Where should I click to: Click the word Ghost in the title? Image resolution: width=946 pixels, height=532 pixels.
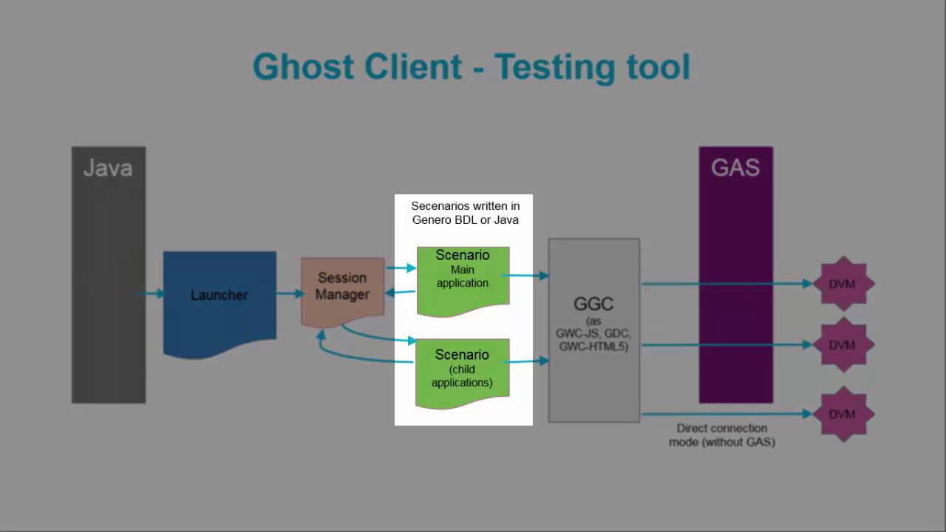click(303, 66)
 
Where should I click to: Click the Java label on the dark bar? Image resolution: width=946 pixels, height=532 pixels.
click(108, 168)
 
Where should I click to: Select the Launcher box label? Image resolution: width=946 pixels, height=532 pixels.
click(219, 295)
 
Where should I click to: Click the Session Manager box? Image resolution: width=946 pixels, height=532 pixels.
click(342, 292)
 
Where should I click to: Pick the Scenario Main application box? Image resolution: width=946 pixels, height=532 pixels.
click(463, 282)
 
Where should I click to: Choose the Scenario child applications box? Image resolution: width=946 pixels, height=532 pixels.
click(463, 374)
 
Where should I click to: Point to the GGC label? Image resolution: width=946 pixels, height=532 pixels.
click(593, 304)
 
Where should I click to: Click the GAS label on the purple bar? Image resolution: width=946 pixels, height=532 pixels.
click(735, 168)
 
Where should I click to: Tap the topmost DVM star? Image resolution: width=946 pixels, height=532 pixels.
click(843, 284)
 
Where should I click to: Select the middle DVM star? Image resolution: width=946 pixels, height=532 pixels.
click(843, 345)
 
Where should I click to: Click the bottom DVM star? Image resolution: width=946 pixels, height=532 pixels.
click(843, 415)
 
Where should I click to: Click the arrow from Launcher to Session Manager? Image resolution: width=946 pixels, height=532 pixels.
click(290, 293)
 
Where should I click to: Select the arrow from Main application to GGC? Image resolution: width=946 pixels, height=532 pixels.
click(525, 276)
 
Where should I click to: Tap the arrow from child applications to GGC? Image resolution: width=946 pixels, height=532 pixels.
click(525, 361)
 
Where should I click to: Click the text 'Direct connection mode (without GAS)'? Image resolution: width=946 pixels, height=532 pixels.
click(722, 435)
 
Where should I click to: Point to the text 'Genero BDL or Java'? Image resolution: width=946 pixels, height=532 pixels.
click(466, 220)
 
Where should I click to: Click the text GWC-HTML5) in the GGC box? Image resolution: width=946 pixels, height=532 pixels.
click(593, 347)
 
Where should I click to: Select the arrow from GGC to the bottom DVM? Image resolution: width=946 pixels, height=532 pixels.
click(726, 415)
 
